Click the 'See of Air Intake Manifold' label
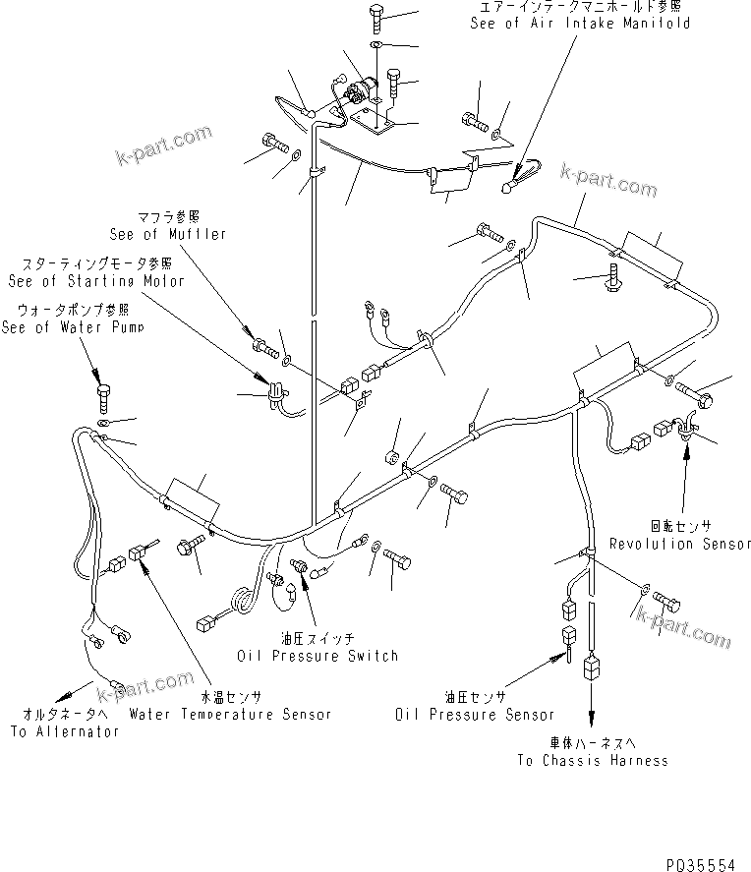(x=579, y=24)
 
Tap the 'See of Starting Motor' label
(x=95, y=281)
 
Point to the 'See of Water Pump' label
(x=72, y=328)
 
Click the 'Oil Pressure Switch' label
(x=317, y=656)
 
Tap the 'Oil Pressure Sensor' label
(x=475, y=715)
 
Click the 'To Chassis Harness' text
(x=593, y=760)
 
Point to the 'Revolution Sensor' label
(x=680, y=544)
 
